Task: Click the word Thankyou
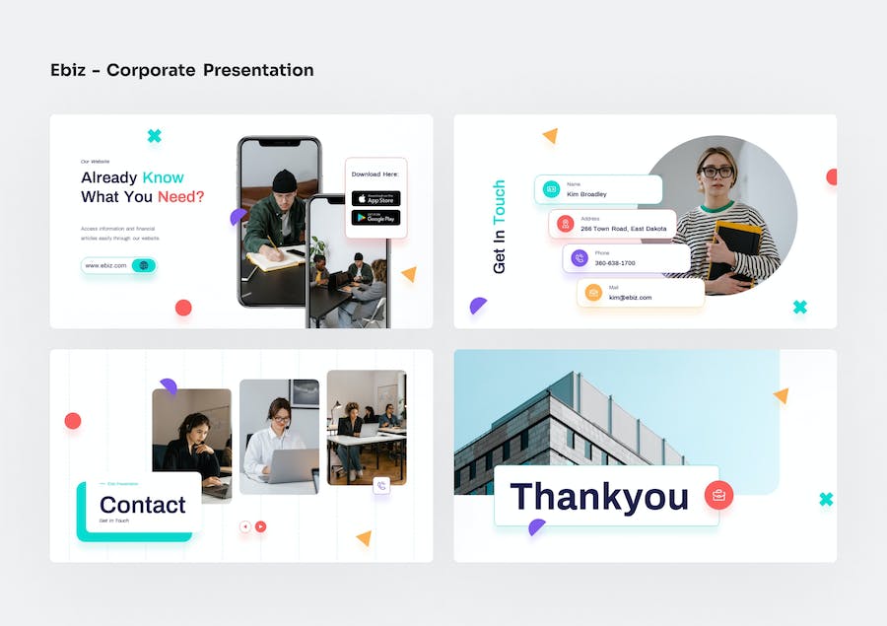pyautogui.click(x=599, y=497)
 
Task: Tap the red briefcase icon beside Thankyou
pyautogui.click(x=718, y=495)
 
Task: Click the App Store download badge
pyautogui.click(x=375, y=198)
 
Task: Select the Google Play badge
pyautogui.click(x=375, y=218)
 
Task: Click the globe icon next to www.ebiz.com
pyautogui.click(x=144, y=265)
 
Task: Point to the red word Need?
pyautogui.click(x=181, y=196)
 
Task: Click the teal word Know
pyautogui.click(x=163, y=177)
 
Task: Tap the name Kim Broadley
pyautogui.click(x=586, y=194)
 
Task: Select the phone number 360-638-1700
pyautogui.click(x=614, y=263)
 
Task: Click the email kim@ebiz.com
pyautogui.click(x=630, y=297)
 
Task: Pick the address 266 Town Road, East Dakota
pyautogui.click(x=623, y=229)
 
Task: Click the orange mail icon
pyautogui.click(x=593, y=293)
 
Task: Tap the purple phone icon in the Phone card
pyautogui.click(x=580, y=258)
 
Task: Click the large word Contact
pyautogui.click(x=143, y=505)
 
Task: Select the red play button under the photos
pyautogui.click(x=260, y=526)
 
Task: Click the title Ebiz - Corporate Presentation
pyautogui.click(x=182, y=70)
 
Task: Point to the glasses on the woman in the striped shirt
pyautogui.click(x=716, y=172)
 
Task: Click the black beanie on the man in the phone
pyautogui.click(x=284, y=179)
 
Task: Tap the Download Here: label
pyautogui.click(x=375, y=174)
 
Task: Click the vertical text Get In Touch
pyautogui.click(x=499, y=227)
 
